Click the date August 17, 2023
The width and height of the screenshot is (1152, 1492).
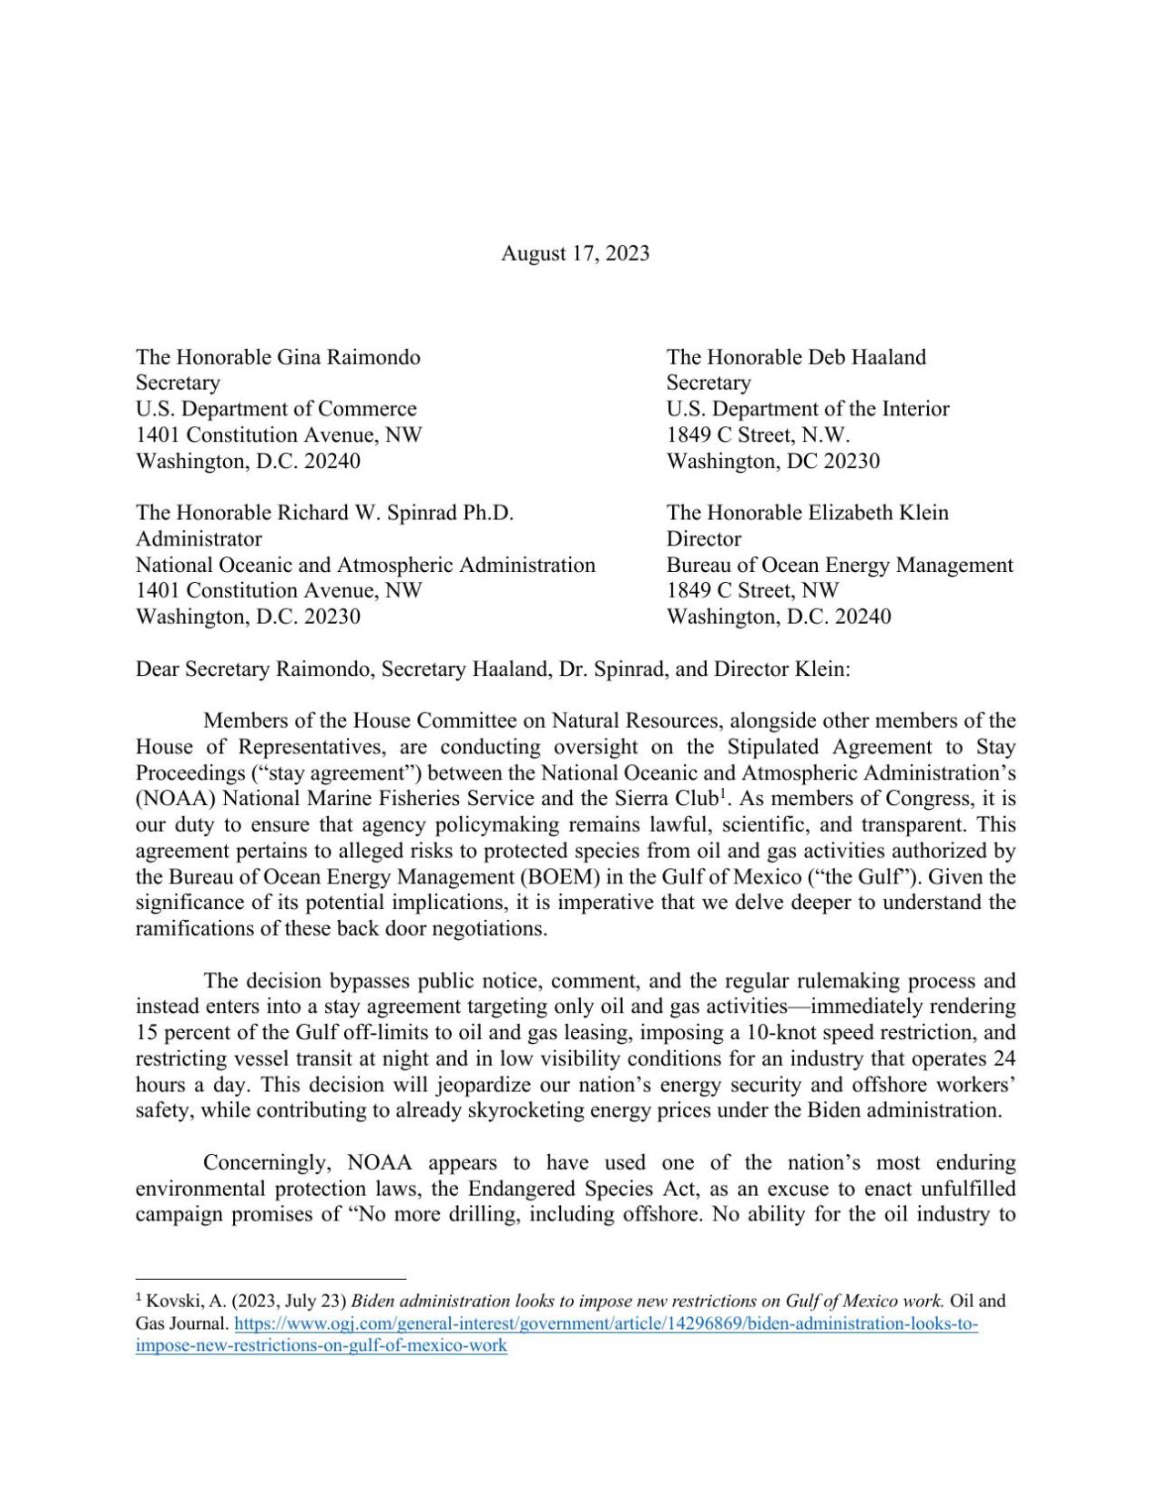pyautogui.click(x=575, y=253)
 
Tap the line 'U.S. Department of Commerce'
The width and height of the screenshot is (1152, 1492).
pyautogui.click(x=276, y=409)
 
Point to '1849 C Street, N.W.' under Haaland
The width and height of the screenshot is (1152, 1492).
pyautogui.click(x=758, y=434)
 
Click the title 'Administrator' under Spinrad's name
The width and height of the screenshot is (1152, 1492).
pyautogui.click(x=199, y=538)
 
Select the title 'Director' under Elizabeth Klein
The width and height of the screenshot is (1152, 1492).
pyautogui.click(x=703, y=538)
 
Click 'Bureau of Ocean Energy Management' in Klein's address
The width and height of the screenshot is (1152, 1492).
pyautogui.click(x=839, y=565)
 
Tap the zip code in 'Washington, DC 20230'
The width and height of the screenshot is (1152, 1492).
pyautogui.click(x=851, y=461)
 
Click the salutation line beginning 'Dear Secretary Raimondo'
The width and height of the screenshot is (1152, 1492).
pyautogui.click(x=492, y=669)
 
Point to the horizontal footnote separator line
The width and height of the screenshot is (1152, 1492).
pyautogui.click(x=270, y=1279)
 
